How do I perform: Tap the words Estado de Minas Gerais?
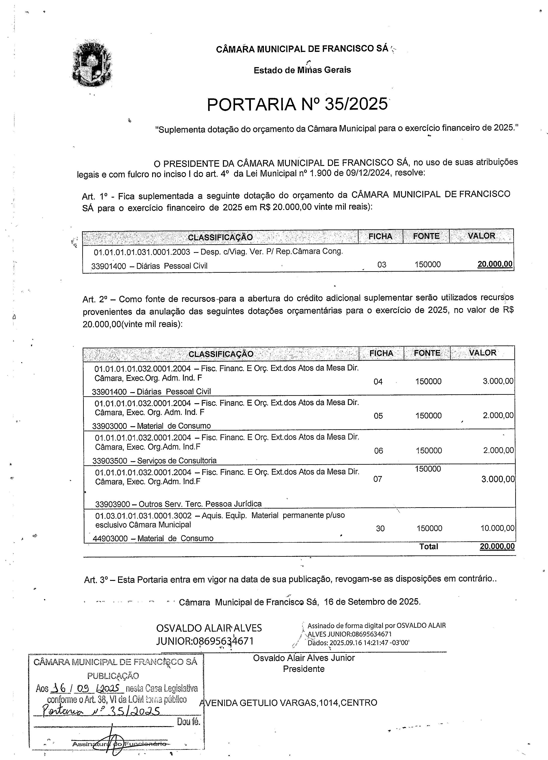click(x=302, y=70)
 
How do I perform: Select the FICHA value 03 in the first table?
click(x=382, y=265)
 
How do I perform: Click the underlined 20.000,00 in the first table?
click(x=495, y=264)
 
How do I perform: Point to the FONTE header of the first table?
click(x=426, y=236)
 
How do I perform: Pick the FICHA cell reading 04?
click(x=378, y=382)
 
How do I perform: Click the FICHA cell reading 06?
click(x=378, y=451)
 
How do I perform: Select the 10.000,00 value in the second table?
click(x=497, y=529)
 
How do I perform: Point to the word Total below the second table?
click(x=428, y=547)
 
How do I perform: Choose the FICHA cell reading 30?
click(x=380, y=529)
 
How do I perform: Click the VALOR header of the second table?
click(x=482, y=353)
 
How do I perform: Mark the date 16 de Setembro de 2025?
click(x=372, y=602)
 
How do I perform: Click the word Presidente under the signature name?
click(x=303, y=669)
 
